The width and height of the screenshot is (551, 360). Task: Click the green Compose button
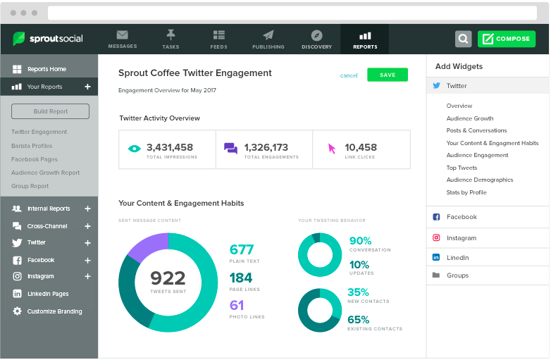point(506,39)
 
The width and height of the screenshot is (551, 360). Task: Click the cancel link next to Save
point(349,75)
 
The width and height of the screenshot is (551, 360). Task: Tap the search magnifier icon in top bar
point(463,39)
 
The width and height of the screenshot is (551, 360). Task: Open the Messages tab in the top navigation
point(123,39)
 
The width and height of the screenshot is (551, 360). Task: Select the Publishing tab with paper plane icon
point(268,39)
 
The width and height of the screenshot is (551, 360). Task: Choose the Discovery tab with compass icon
point(316,39)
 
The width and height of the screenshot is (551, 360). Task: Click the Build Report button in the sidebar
point(50,111)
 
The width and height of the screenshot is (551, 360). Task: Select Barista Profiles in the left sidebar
point(32,146)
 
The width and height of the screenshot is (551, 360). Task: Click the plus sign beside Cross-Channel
point(87,226)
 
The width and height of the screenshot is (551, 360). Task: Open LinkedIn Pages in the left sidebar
point(48,294)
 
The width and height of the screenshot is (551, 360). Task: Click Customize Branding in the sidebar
point(54,311)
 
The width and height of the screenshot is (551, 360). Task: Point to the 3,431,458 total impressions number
point(169,147)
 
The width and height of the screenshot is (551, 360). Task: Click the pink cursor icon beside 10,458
point(332,149)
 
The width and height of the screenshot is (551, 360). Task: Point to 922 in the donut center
point(168,278)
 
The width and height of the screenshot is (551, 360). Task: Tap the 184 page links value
point(241,278)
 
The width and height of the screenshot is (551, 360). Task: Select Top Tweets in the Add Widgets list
point(462,168)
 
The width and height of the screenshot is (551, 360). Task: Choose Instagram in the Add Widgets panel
point(461,238)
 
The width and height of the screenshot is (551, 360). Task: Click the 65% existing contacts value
point(358,319)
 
